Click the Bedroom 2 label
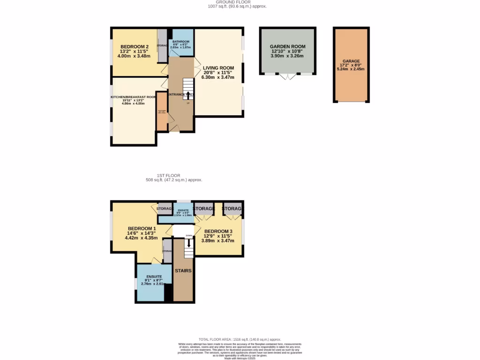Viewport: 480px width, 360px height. [135, 46]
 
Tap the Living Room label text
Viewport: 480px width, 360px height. [218, 68]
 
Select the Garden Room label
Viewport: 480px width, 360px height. [287, 46]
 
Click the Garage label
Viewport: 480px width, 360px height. [350, 61]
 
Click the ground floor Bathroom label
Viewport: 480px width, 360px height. [180, 42]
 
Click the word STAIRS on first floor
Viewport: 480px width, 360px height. [183, 270]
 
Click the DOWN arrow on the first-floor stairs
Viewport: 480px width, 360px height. [189, 243]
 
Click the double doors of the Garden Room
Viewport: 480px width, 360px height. [287, 76]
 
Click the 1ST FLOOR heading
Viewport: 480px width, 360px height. [169, 175]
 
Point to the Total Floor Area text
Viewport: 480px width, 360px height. [240, 339]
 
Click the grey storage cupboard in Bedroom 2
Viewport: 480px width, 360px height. [162, 46]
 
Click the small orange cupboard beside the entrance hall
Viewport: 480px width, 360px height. [162, 112]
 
